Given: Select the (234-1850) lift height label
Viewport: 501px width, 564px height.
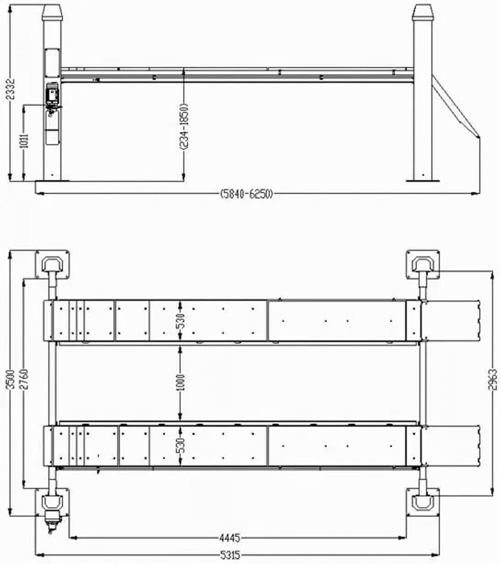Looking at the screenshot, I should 184,126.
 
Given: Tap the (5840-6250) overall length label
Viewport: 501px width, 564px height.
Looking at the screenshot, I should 247,194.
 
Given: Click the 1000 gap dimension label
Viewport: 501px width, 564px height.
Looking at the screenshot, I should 180,383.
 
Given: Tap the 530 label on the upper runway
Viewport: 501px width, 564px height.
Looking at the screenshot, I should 180,320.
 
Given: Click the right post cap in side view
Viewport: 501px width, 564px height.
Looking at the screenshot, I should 422,12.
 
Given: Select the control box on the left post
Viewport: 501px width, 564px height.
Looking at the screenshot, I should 53,95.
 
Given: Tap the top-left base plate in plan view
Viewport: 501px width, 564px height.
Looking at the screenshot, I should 53,264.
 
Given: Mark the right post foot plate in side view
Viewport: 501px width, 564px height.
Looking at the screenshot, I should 423,180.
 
